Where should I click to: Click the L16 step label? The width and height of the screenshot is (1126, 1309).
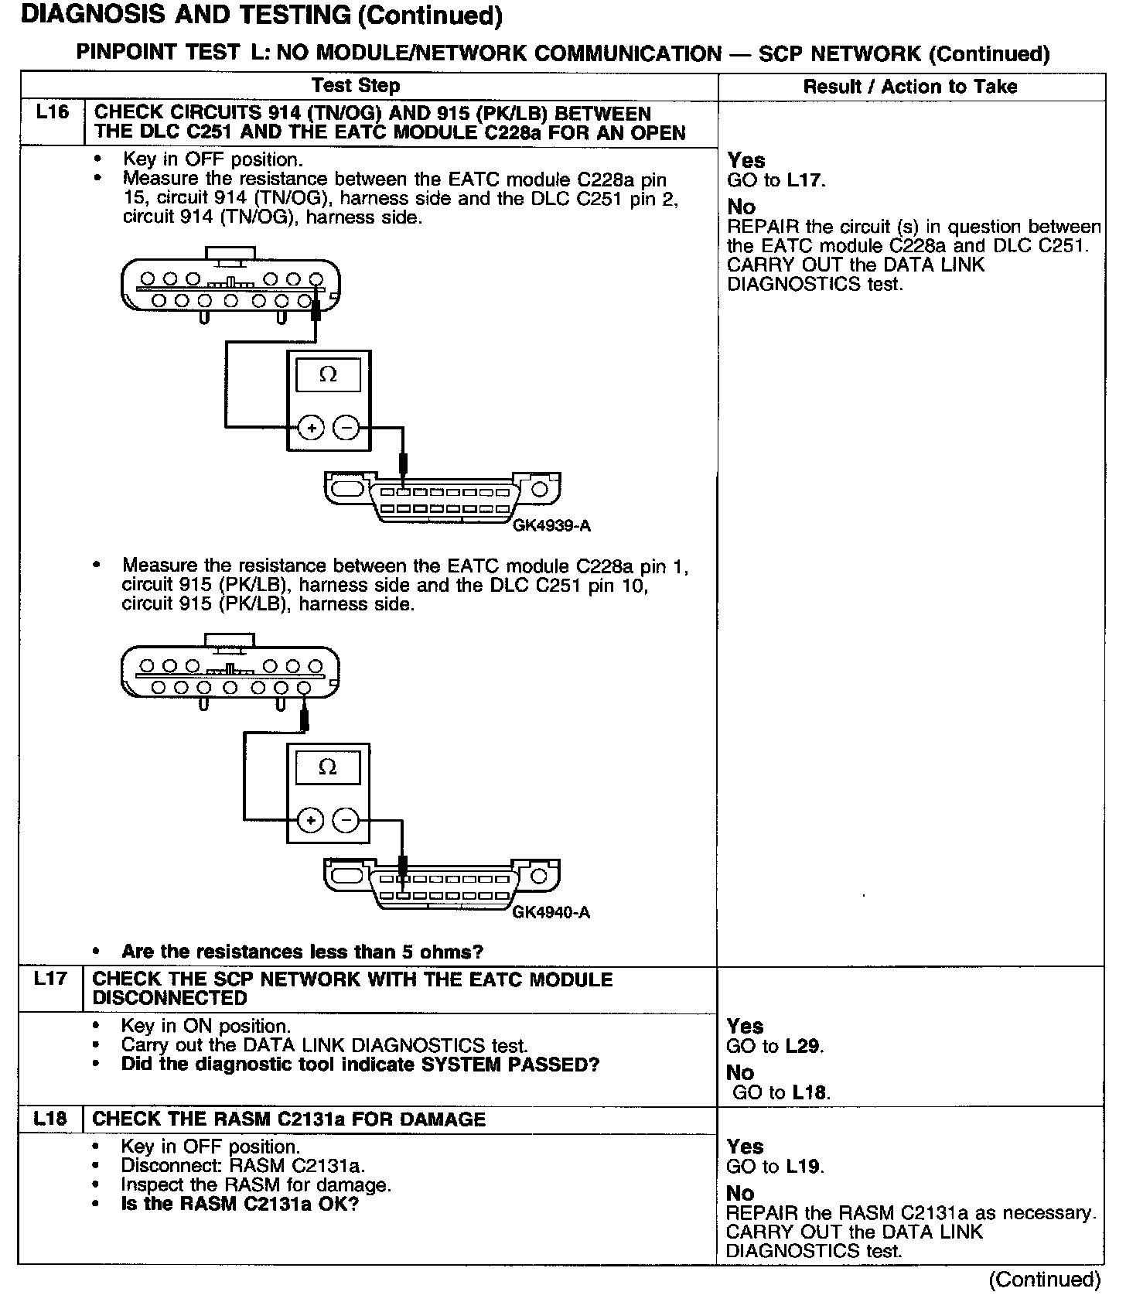coord(52,113)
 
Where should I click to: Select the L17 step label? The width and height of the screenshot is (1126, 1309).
coord(51,979)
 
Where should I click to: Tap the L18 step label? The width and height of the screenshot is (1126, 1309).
coord(50,1119)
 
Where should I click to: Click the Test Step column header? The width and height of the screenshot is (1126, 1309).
coord(356,86)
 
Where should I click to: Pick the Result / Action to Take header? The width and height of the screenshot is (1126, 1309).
coord(910,87)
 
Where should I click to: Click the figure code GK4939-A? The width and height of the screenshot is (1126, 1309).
coord(551,526)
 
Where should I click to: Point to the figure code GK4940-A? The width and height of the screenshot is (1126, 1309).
coord(551,912)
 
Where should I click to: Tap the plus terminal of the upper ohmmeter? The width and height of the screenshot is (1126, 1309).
coord(311,427)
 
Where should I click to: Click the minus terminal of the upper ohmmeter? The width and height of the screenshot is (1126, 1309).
coord(346,427)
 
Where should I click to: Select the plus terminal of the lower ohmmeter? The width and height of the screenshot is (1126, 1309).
coord(311,820)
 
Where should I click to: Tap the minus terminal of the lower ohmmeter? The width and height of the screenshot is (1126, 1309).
coord(346,820)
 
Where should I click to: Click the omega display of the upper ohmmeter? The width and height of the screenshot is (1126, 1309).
coord(328,375)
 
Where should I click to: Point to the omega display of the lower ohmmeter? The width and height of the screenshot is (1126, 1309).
coord(328,767)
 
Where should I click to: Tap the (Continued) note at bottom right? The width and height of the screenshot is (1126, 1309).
coord(1044,1280)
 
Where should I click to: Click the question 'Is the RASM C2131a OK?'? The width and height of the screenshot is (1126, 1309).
coord(240,1205)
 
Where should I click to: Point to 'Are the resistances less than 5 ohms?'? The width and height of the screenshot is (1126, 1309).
coord(302,952)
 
